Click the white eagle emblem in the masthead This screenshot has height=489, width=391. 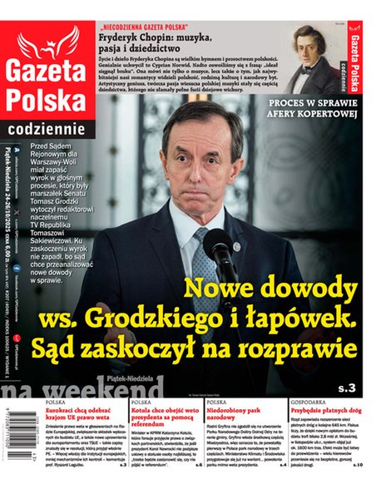click(x=47, y=42)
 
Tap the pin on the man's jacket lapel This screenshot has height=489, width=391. click(x=236, y=246)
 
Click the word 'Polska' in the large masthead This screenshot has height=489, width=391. click(x=47, y=101)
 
